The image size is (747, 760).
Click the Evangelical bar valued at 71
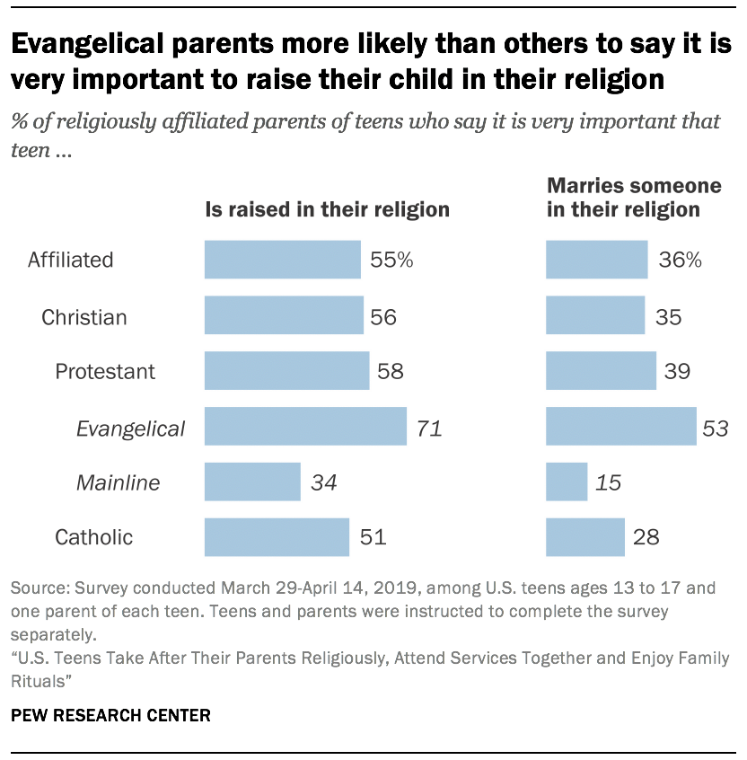[305, 427]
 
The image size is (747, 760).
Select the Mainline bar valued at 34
[252, 482]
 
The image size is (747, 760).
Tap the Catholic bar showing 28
[585, 537]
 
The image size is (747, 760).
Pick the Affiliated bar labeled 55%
[283, 260]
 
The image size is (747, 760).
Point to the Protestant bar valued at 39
[601, 370]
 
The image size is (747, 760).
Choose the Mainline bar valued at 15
[567, 482]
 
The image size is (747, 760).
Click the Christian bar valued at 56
[284, 315]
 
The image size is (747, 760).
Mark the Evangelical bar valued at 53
[621, 427]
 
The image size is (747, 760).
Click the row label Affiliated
[71, 261]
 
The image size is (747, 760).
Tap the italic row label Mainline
[118, 482]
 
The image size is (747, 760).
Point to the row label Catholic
[94, 538]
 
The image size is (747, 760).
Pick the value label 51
[373, 538]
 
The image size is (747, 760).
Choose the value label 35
[668, 316]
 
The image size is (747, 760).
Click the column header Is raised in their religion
[327, 209]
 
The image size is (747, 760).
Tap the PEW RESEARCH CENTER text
[111, 716]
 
